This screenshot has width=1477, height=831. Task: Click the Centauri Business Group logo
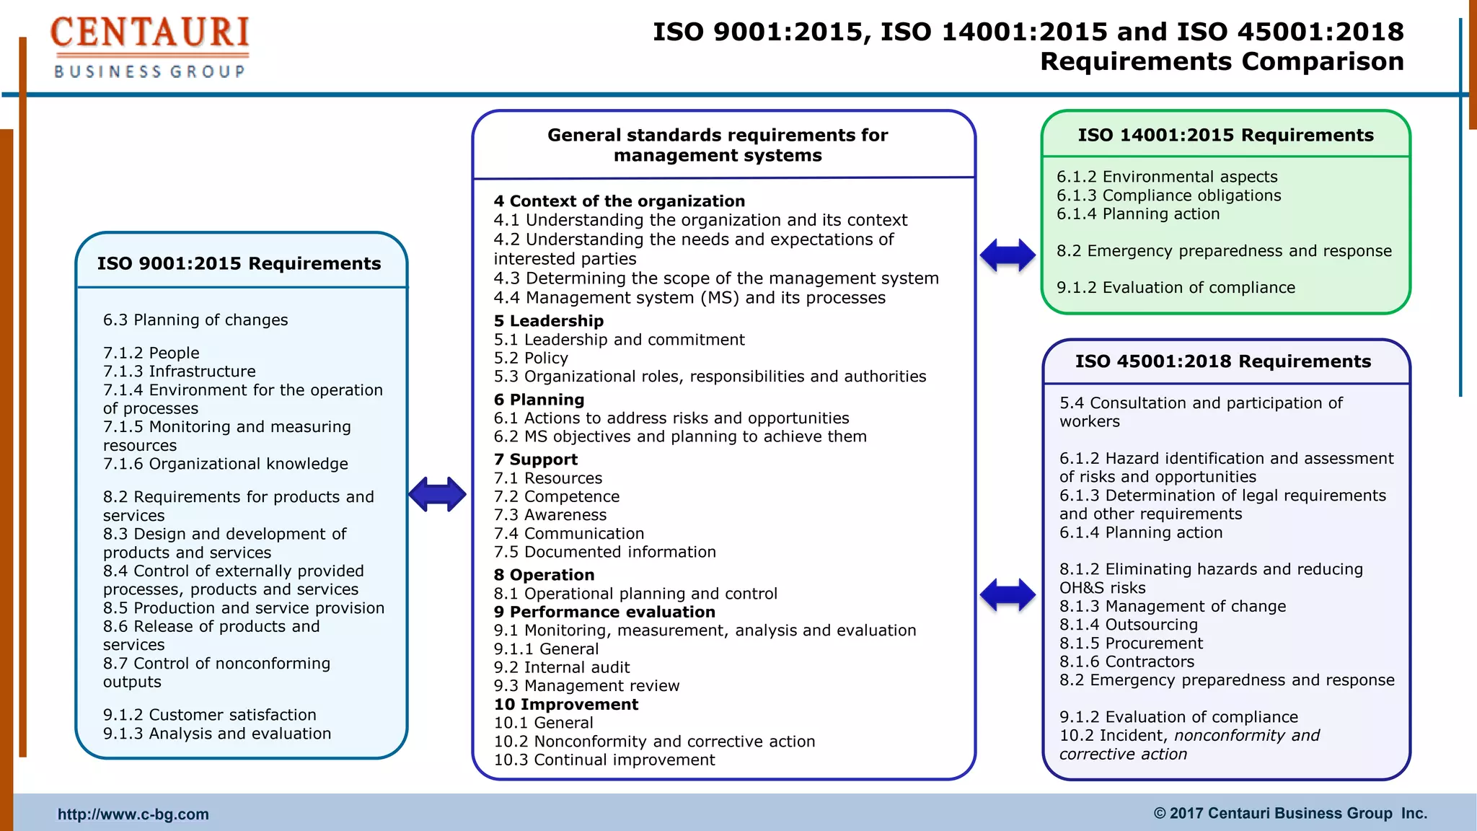[149, 48]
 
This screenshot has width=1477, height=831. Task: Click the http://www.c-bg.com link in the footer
[133, 814]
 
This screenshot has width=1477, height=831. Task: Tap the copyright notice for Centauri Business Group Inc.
[1290, 814]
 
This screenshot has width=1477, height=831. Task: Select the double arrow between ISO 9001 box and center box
[437, 494]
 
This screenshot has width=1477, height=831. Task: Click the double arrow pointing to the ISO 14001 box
[1008, 255]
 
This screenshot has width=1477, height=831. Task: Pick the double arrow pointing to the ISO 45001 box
[1008, 595]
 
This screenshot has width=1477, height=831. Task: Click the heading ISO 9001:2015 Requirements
[239, 263]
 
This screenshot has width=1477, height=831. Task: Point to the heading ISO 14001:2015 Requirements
[1225, 135]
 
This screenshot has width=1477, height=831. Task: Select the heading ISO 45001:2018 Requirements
[1223, 361]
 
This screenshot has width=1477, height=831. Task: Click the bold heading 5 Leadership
[549, 321]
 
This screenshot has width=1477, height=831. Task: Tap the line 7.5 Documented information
[604, 552]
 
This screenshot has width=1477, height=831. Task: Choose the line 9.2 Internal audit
[562, 667]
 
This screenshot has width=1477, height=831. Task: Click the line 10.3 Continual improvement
[604, 760]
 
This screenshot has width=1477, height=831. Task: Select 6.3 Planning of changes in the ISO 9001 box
[195, 320]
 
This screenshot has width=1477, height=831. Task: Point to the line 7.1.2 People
[151, 353]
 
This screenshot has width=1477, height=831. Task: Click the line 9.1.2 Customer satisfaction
[210, 715]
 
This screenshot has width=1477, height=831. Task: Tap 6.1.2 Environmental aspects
[1167, 177]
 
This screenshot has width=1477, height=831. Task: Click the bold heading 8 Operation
[544, 575]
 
